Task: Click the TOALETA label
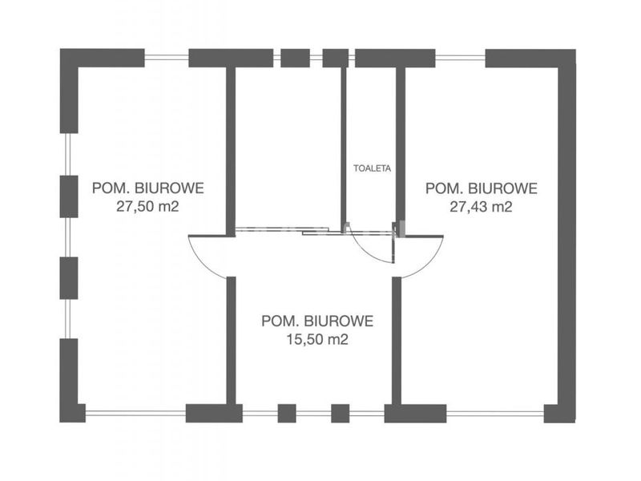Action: point(372,168)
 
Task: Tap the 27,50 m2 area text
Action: point(147,207)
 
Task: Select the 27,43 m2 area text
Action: point(481,207)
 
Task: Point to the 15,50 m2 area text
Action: point(317,339)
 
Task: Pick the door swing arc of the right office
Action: point(431,262)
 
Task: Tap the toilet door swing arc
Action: point(365,252)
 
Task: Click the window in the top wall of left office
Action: point(167,58)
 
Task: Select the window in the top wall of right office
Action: point(460,58)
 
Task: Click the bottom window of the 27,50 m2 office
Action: point(135,413)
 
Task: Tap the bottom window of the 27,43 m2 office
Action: point(495,413)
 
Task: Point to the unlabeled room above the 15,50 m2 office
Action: point(288,148)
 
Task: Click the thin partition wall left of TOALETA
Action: point(344,148)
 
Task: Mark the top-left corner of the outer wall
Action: point(60,49)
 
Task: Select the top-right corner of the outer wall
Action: point(575,50)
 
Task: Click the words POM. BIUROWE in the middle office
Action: point(317,321)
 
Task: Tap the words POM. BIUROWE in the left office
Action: point(147,188)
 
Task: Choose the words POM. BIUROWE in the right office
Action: point(482,188)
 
